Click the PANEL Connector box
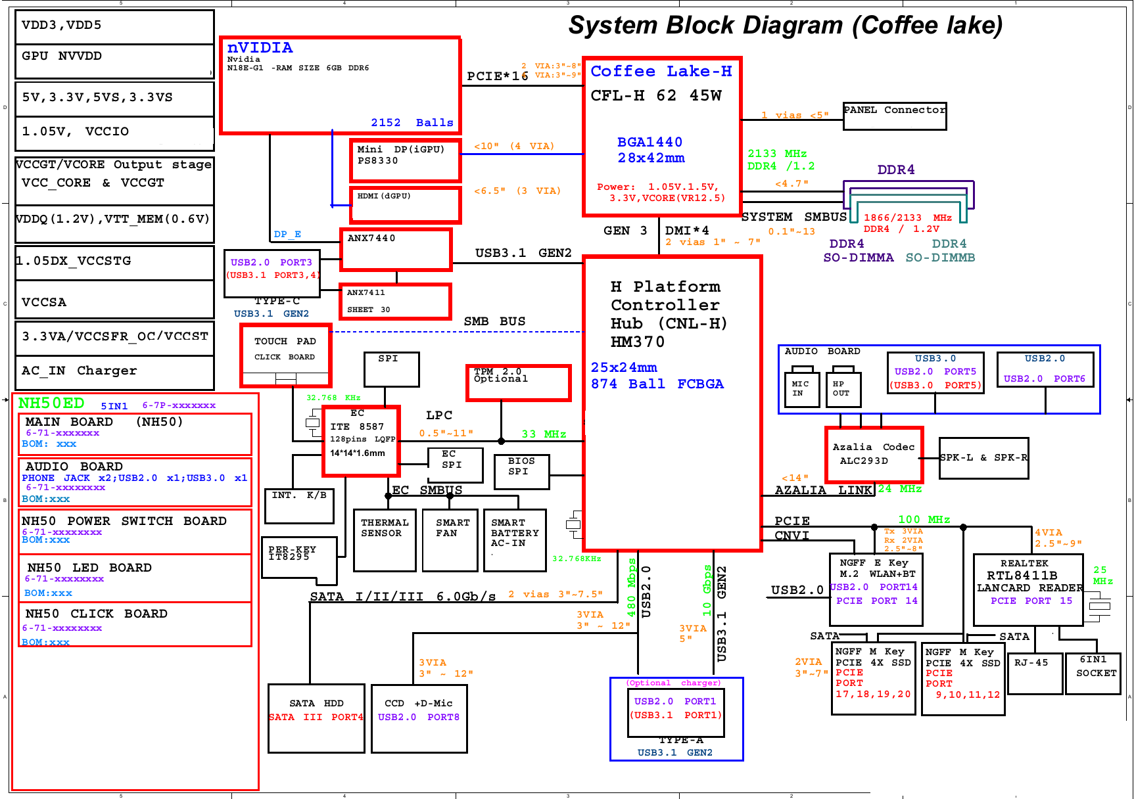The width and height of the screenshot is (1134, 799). click(x=895, y=116)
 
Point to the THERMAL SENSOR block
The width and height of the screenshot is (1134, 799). click(x=385, y=539)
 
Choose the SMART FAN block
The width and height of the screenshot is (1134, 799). click(x=450, y=539)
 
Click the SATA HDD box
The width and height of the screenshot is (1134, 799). click(x=316, y=718)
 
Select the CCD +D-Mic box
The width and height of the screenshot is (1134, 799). click(x=419, y=718)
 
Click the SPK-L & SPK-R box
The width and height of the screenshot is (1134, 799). click(x=983, y=458)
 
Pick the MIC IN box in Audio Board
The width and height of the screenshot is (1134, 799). click(x=801, y=389)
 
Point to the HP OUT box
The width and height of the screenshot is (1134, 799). click(x=842, y=389)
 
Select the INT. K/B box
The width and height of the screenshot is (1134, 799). click(x=300, y=505)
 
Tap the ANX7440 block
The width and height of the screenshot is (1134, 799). click(x=396, y=249)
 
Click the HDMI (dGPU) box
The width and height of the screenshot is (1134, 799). click(x=405, y=204)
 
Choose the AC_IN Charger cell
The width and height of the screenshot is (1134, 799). click(x=114, y=372)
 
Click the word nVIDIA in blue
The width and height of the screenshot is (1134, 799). click(x=260, y=48)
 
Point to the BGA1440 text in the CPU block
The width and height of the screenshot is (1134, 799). click(x=650, y=142)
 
